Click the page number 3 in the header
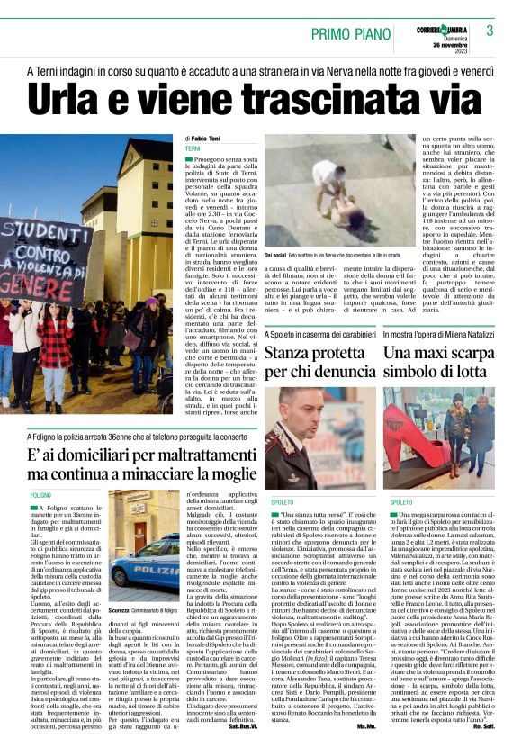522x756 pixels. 490,31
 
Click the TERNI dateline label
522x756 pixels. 193,148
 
